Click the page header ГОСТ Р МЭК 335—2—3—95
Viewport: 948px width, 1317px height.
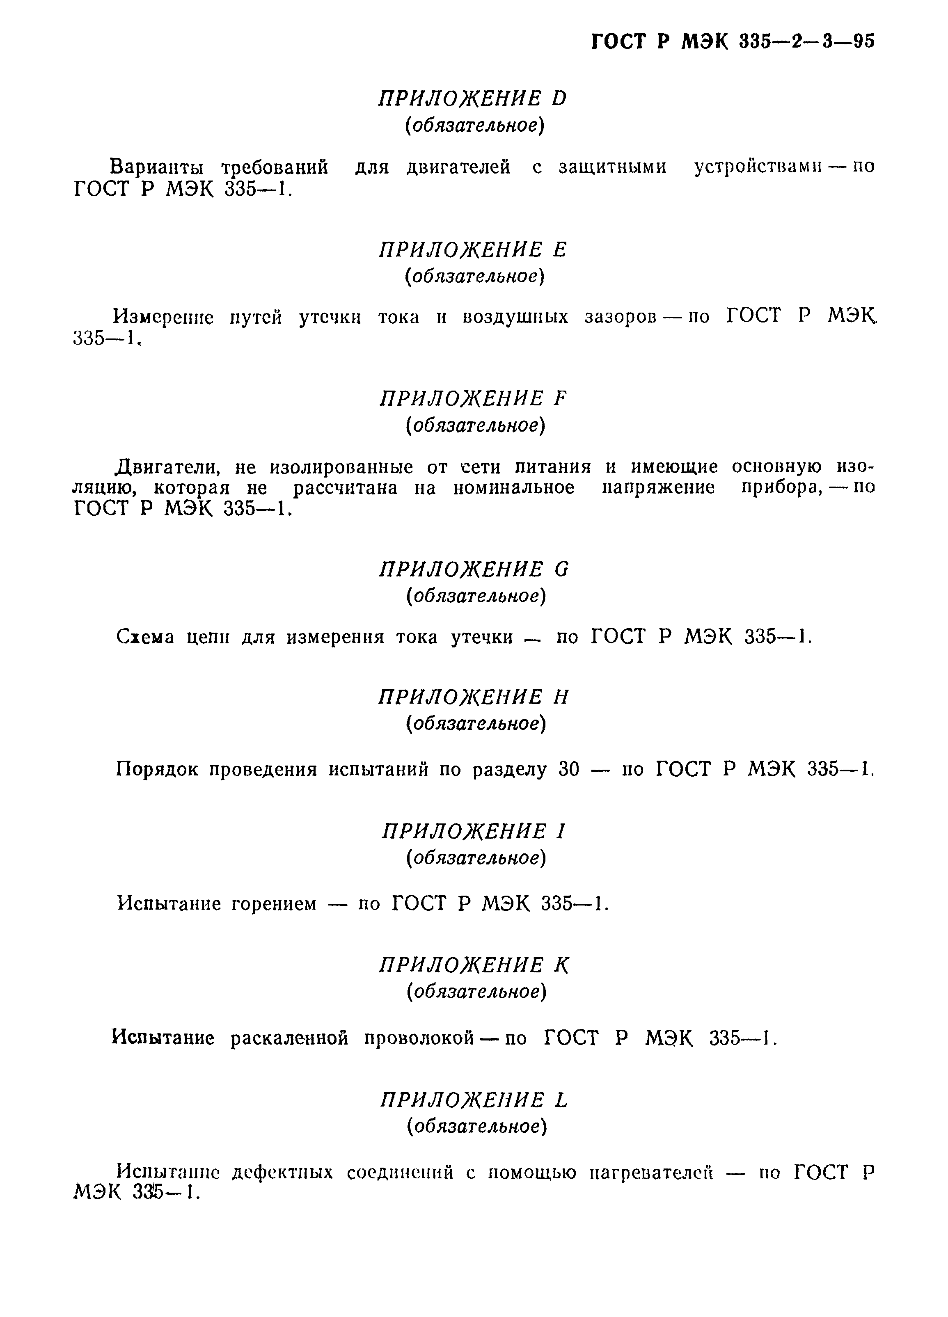(x=733, y=42)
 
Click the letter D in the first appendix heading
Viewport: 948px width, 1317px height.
(x=559, y=99)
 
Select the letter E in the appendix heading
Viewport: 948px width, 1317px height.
(x=560, y=250)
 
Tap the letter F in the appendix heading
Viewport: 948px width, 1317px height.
(x=560, y=399)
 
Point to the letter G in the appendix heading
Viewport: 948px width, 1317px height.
(x=561, y=569)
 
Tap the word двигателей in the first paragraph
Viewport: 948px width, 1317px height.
(x=458, y=168)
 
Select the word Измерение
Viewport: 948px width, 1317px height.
(x=164, y=318)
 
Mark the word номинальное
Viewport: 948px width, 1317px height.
(x=513, y=488)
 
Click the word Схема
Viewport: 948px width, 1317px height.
(x=145, y=638)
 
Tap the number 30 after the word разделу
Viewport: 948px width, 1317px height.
(x=569, y=770)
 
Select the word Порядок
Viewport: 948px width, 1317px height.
(x=157, y=770)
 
